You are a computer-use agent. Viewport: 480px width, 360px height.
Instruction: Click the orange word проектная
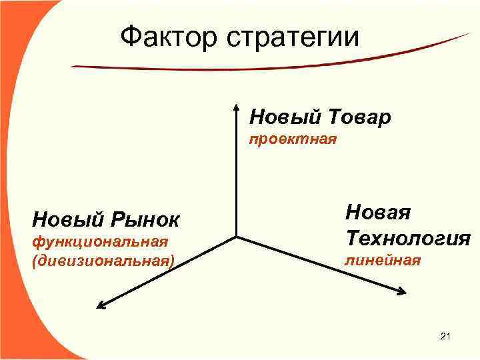(x=293, y=140)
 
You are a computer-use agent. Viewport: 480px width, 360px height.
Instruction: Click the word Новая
(x=377, y=213)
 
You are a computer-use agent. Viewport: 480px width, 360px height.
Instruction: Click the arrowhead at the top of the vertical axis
(x=237, y=107)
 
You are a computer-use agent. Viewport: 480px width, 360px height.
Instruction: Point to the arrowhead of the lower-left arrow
(x=101, y=305)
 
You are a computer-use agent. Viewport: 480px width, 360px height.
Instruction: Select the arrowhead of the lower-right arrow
(x=403, y=291)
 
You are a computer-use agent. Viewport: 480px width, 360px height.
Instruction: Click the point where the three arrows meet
(x=237, y=237)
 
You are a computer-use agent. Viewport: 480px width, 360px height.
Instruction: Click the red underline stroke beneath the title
(x=267, y=60)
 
